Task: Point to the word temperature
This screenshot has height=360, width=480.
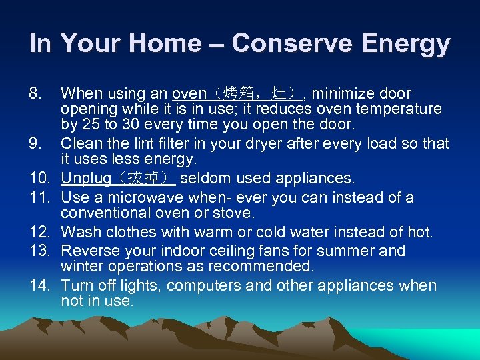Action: tap(401, 109)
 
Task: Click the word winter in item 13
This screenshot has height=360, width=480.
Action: tap(79, 267)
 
